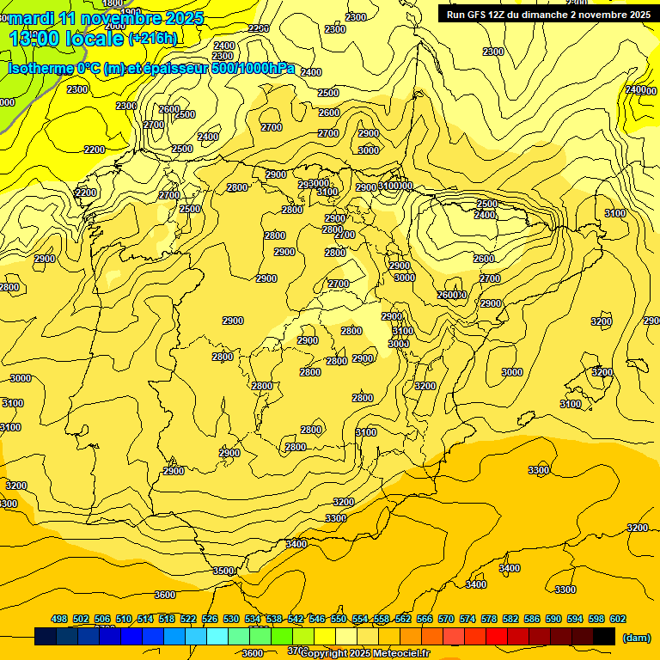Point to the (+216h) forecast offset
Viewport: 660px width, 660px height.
coord(153,38)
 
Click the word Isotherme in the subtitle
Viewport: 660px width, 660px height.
coord(40,69)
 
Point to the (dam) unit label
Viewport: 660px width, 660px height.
coord(635,638)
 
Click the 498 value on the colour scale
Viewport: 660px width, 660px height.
coord(59,619)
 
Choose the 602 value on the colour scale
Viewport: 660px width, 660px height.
coord(618,619)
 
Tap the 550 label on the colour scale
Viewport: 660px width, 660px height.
coord(339,619)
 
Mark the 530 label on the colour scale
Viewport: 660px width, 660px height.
coord(231,619)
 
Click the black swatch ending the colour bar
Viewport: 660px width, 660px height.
coord(604,637)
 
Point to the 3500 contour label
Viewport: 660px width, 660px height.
coord(223,571)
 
